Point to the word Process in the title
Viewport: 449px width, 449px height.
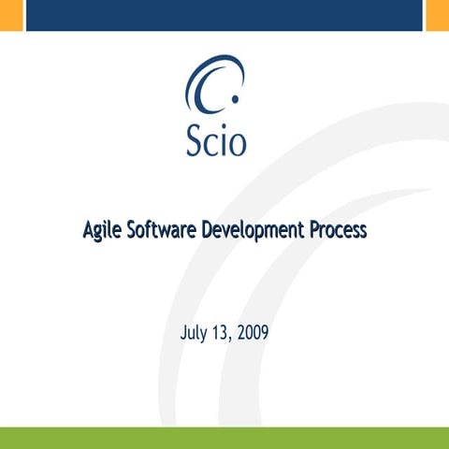pyautogui.click(x=338, y=229)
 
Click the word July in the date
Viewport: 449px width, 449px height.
pyautogui.click(x=193, y=332)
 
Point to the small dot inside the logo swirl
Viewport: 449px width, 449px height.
pyautogui.click(x=233, y=98)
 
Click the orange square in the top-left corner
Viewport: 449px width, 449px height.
pyautogui.click(x=10, y=15)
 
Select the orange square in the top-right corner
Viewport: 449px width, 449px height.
pyautogui.click(x=437, y=15)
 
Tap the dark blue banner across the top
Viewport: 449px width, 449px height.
pyautogui.click(x=224, y=15)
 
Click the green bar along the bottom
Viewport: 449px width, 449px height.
pyautogui.click(x=224, y=438)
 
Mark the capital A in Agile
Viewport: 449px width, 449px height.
pyautogui.click(x=89, y=229)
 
